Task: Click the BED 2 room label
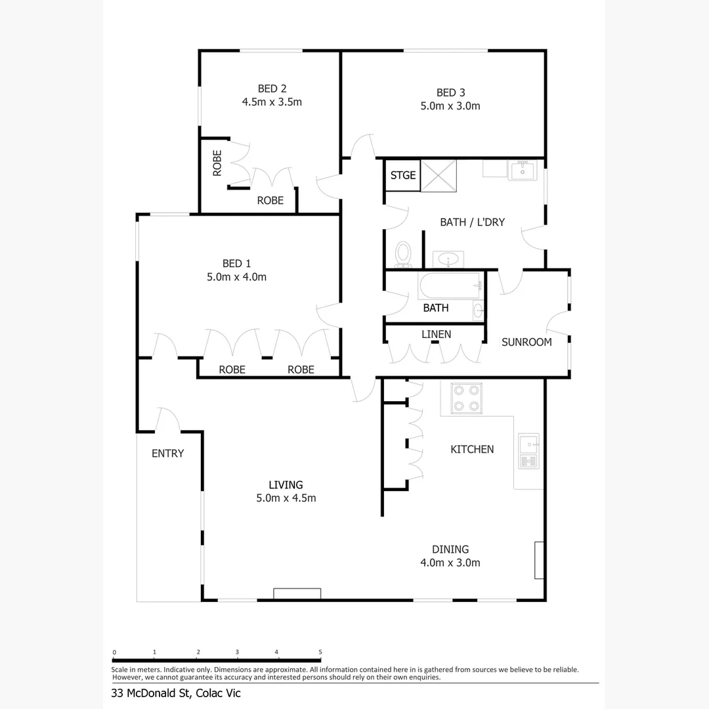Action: point(272,89)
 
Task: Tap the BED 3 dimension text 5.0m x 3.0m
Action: point(450,106)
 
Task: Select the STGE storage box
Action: point(403,175)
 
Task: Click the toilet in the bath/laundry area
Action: point(403,253)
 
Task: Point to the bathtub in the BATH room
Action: point(450,287)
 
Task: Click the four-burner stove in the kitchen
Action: point(465,398)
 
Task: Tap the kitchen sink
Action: point(528,451)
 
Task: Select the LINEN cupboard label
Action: point(436,334)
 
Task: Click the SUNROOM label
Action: point(526,342)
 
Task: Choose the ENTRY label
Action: point(167,454)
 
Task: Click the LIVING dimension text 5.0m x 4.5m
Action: point(286,498)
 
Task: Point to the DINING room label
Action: point(450,549)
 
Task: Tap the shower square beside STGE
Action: point(438,175)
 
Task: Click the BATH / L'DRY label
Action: point(472,222)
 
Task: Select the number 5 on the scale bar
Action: point(320,652)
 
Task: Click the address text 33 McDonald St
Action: point(150,693)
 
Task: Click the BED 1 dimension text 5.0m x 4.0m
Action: point(236,277)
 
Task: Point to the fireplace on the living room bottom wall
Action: point(297,593)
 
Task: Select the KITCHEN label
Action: point(472,449)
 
